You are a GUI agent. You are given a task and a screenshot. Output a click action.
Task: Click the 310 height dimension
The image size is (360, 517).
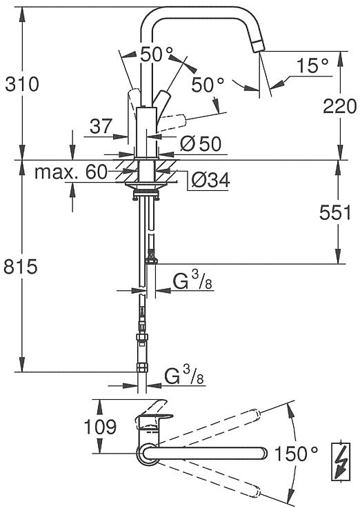pos(22,84)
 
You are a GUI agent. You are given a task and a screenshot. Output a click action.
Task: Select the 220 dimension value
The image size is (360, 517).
pos(339,106)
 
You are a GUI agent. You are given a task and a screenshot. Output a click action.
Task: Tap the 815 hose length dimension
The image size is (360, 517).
pos(21,266)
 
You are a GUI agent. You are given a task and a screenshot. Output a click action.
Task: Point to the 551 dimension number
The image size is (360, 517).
pos(335,213)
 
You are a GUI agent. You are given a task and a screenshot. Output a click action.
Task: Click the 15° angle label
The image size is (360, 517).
pos(312,65)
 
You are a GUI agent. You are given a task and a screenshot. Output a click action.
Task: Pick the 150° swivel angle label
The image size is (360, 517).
pos(297,454)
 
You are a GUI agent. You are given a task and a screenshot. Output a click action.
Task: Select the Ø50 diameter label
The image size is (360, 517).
pos(201,144)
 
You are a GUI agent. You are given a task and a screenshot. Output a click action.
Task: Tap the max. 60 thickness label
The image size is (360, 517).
pos(71,172)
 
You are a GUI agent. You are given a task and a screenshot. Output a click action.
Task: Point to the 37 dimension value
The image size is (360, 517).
pos(101,126)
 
